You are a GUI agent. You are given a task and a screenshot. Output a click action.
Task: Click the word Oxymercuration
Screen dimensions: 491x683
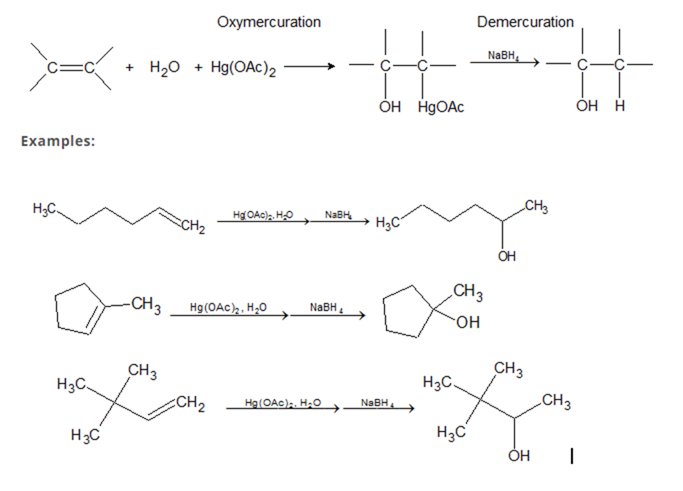[268, 22]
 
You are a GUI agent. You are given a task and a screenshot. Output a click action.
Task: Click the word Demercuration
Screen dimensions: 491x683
[525, 22]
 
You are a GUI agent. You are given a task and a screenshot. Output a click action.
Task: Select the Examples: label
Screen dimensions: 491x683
[58, 140]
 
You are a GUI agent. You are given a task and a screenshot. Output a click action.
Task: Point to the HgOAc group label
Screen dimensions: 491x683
[441, 107]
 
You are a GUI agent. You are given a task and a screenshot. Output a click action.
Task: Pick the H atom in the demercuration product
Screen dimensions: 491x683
[619, 107]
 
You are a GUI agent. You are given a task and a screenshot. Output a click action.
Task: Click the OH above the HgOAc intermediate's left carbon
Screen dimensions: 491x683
[389, 107]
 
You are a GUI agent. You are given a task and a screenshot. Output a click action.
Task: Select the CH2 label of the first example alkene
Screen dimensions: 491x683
[193, 230]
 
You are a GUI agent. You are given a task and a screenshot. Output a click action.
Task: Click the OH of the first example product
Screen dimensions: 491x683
[507, 256]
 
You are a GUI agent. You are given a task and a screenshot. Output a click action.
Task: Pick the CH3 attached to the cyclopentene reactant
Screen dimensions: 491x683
[146, 305]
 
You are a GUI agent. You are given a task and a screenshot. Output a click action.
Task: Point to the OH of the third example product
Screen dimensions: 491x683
[519, 456]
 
